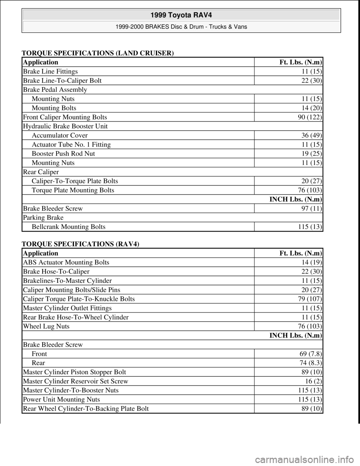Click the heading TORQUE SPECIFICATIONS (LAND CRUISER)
point(98,53)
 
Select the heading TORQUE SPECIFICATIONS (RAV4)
point(81,244)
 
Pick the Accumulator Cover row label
point(60,135)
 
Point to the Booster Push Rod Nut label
point(63,153)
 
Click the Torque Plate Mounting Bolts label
point(73,190)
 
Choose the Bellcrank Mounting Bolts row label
point(68,227)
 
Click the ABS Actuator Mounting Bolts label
point(66,262)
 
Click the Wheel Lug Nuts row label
point(46,326)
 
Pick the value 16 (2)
point(315,381)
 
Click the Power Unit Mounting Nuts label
point(61,399)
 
